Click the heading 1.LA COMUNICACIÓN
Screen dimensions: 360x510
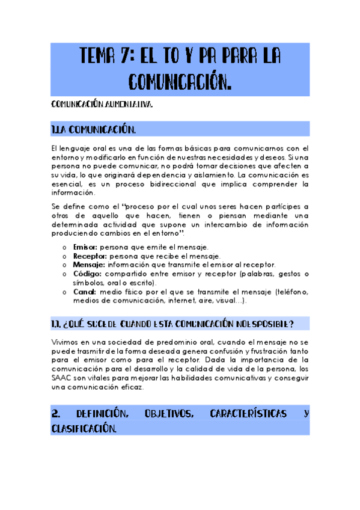click(x=94, y=130)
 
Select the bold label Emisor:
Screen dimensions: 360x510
click(x=85, y=247)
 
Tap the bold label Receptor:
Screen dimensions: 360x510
click(x=89, y=256)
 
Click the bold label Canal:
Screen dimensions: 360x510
click(x=85, y=292)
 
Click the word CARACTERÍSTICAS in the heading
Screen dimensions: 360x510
click(x=249, y=414)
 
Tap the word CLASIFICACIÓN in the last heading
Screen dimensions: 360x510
click(x=84, y=428)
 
